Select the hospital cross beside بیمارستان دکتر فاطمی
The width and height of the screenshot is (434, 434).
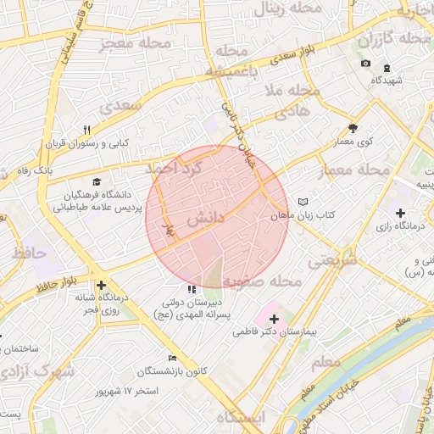click(273, 320)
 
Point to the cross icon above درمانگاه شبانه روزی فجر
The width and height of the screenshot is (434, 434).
click(101, 286)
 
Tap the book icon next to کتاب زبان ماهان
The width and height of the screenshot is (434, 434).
click(303, 203)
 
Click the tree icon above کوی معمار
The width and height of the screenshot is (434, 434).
click(353, 129)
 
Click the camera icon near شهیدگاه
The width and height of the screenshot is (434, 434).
click(365, 64)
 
